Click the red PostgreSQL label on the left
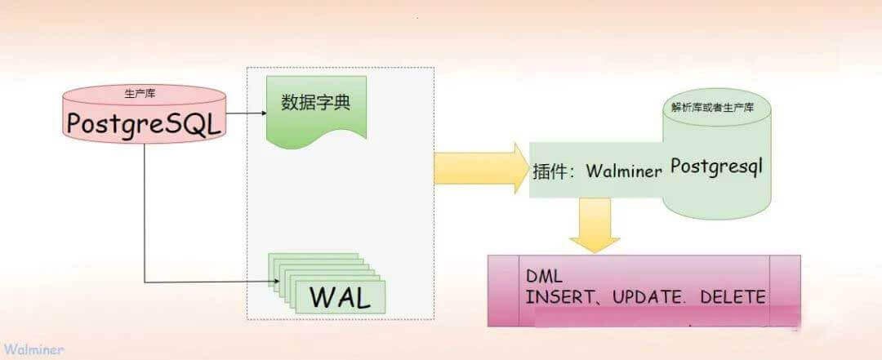(145, 124)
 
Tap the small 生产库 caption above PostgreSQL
(144, 94)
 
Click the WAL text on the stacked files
(339, 296)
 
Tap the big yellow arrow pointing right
(482, 170)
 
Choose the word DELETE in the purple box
(733, 296)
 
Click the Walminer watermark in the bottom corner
(33, 349)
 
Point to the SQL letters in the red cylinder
(196, 123)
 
